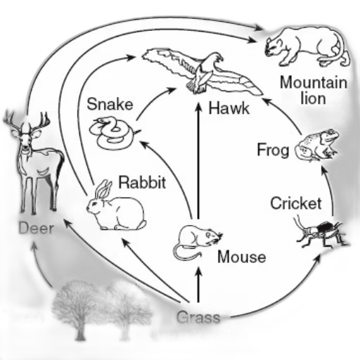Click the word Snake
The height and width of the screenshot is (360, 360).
(110, 104)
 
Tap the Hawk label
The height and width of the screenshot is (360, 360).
(229, 108)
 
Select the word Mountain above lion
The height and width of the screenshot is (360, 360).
(314, 82)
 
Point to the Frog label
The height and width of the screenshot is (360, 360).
(273, 150)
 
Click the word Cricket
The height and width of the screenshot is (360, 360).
(296, 203)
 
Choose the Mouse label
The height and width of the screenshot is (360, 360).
(242, 257)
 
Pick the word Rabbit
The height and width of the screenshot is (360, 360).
(142, 182)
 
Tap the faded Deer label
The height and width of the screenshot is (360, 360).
(37, 229)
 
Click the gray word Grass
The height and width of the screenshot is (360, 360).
(198, 317)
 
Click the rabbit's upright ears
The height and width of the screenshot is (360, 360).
(105, 189)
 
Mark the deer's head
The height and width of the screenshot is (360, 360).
(26, 136)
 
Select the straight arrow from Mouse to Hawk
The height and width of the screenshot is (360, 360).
(199, 161)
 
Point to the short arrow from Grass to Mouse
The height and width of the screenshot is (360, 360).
(199, 285)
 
